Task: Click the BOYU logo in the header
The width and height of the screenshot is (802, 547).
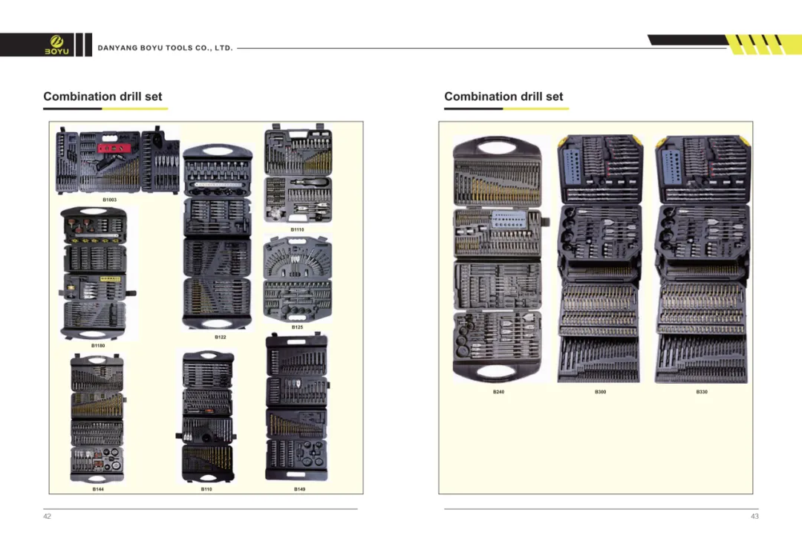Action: (x=56, y=45)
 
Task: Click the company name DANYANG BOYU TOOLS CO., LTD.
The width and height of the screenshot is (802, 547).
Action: (x=165, y=48)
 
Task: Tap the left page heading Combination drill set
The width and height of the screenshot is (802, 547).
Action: (x=102, y=96)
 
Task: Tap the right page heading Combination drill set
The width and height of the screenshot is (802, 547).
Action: (x=503, y=96)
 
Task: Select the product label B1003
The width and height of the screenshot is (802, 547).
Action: (x=109, y=200)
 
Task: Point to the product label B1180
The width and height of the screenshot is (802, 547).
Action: (x=98, y=346)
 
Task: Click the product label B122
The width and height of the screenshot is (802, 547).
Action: (x=221, y=337)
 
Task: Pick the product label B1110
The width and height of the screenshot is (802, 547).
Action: (x=297, y=229)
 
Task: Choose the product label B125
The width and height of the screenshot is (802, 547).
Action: (x=297, y=327)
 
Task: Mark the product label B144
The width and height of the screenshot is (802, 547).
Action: (x=98, y=489)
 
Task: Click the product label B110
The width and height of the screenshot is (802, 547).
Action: (x=206, y=489)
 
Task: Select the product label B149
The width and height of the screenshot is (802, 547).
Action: (x=299, y=489)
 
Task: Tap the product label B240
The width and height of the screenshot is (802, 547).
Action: (x=499, y=392)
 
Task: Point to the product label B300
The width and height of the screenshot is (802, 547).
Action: (x=601, y=392)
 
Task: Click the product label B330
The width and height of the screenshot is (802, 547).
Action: (x=702, y=392)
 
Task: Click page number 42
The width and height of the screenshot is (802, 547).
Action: (x=47, y=517)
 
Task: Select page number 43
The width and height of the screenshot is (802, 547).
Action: (x=754, y=517)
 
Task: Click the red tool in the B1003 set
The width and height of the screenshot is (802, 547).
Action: (x=117, y=148)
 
